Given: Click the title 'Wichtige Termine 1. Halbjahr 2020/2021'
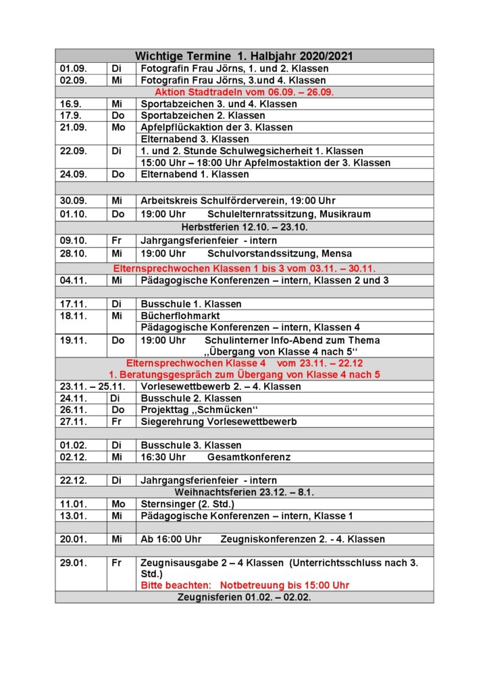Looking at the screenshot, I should pos(244,56).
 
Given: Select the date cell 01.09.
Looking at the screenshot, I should pos(73,69).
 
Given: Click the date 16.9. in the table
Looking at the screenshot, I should pos(71,104).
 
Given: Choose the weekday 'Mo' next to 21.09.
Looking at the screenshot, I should pos(118,128).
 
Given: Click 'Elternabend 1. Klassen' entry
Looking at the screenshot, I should pos(195,174).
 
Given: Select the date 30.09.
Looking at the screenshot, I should pos(73,201).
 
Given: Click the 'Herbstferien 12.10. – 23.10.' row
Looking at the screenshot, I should pos(244,227).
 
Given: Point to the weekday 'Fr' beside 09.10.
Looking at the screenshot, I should pos(117,241).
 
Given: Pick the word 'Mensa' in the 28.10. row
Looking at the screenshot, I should pos(336,254).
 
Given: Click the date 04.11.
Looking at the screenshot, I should pos(73,280).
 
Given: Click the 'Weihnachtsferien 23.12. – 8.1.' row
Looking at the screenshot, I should pos(244,492).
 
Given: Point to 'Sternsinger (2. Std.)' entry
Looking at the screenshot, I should pos(187,504).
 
